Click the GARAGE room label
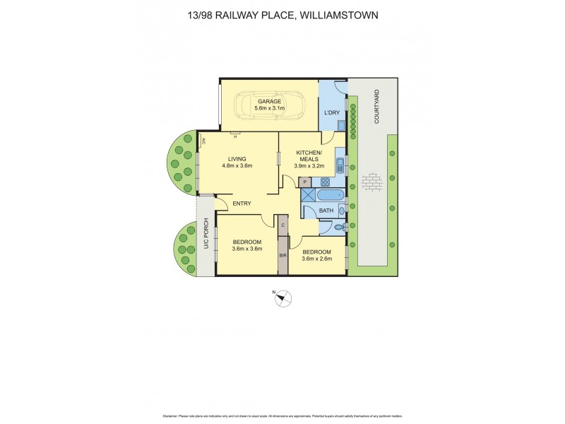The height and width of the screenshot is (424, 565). pos(268,101)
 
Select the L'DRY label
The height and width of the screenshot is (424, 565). pos(331,112)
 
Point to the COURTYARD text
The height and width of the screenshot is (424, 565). pos(377,107)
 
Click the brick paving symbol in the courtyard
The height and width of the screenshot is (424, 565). pos(371,183)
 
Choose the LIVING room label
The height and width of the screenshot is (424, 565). pos(237,159)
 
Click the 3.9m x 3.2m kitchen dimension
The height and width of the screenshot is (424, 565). pos(309,167)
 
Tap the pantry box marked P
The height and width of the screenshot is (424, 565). pos(305,182)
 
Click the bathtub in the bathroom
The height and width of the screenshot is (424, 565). pos(329,194)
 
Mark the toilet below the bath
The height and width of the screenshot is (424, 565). pos(339,227)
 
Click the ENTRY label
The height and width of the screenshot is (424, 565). pos(242,204)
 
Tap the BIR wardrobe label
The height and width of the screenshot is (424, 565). pos(282,255)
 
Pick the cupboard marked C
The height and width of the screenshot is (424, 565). pos(282,225)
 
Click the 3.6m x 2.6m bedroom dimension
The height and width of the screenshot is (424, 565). pos(316,259)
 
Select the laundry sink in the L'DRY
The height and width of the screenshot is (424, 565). pos(340,126)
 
